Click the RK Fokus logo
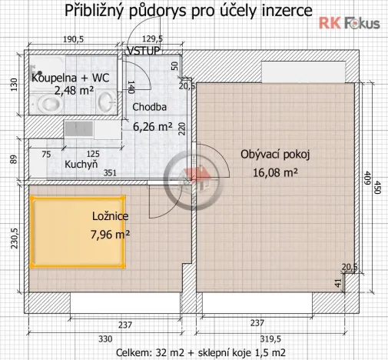(350, 22)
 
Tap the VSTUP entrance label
(143, 51)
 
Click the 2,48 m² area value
(75, 90)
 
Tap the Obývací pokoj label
(274, 155)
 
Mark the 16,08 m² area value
(274, 172)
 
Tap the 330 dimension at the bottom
(105, 338)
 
